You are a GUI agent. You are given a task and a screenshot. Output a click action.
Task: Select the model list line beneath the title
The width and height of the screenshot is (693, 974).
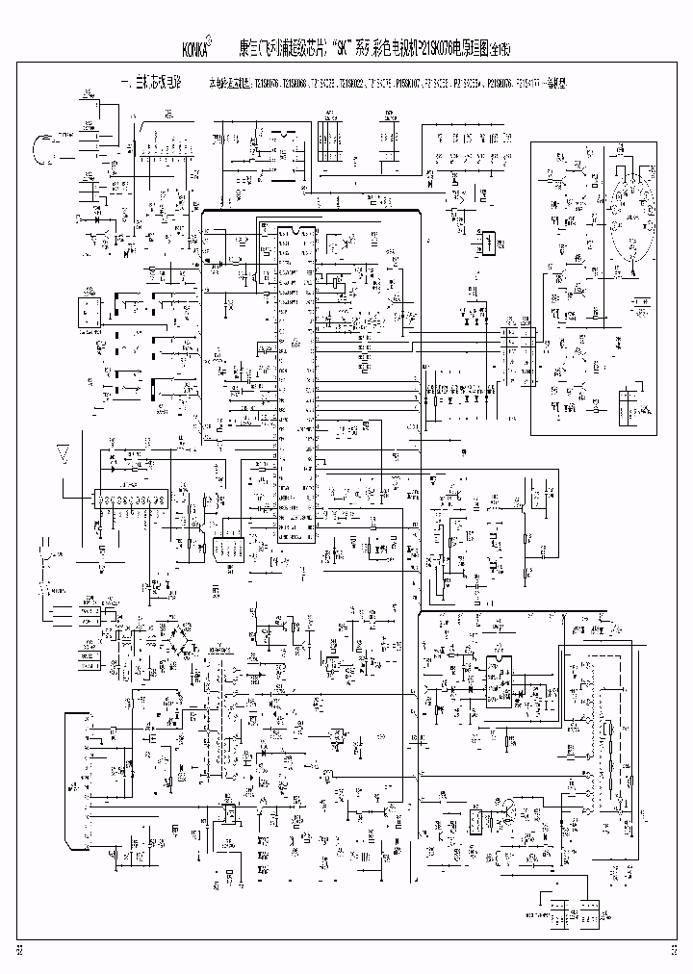click(385, 85)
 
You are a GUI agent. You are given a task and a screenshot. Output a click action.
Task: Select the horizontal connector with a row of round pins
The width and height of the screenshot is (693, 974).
click(130, 500)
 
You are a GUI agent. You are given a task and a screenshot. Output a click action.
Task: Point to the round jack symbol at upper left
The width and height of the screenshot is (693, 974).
click(43, 150)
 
